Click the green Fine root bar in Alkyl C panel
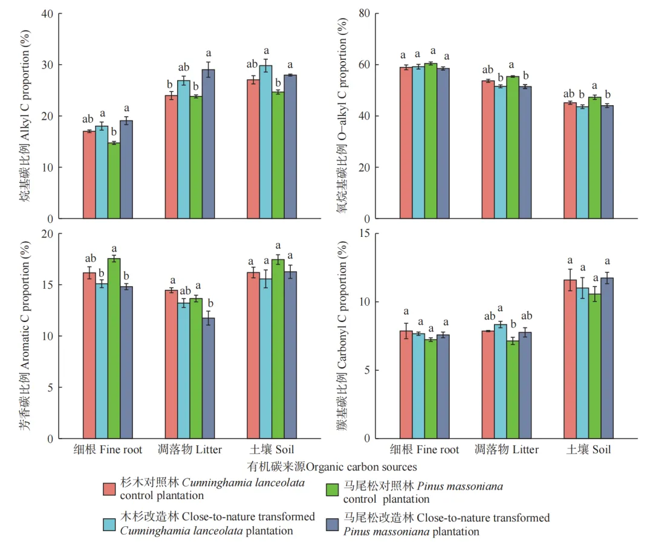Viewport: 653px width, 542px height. (114, 181)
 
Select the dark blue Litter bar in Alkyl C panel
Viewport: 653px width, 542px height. (208, 144)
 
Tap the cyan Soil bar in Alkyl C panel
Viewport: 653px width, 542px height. (265, 142)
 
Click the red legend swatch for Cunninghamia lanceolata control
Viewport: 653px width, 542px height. (109, 489)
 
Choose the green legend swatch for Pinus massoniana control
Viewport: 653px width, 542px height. (333, 489)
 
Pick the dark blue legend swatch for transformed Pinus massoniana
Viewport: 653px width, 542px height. (333, 524)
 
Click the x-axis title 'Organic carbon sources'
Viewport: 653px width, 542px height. (332, 467)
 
